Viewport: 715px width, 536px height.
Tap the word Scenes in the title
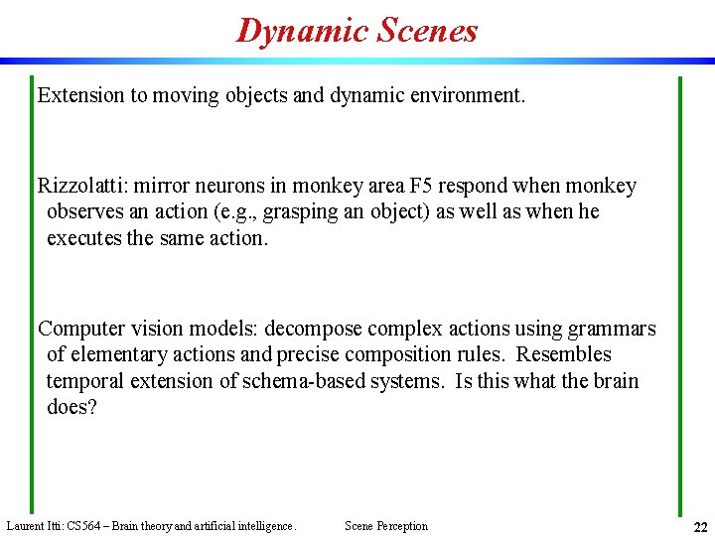point(428,31)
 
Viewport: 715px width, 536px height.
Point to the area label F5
point(422,186)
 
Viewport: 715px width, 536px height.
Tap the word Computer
point(82,329)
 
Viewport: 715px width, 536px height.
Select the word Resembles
point(564,354)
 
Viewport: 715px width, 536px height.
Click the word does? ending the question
point(71,407)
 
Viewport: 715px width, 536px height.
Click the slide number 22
point(700,527)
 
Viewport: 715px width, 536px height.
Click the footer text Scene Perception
point(386,526)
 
